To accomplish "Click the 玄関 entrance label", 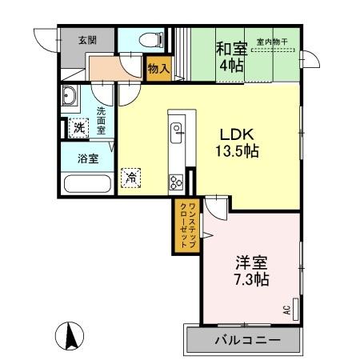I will click(87, 39).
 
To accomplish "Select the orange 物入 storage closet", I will click(158, 70).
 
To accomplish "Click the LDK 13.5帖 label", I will click(239, 139).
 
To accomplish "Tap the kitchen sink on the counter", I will click(176, 130).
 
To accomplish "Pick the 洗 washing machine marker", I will click(78, 126).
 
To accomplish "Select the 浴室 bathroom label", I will click(87, 158).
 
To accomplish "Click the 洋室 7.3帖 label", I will click(251, 270).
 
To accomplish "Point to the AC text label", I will click(286, 310).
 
